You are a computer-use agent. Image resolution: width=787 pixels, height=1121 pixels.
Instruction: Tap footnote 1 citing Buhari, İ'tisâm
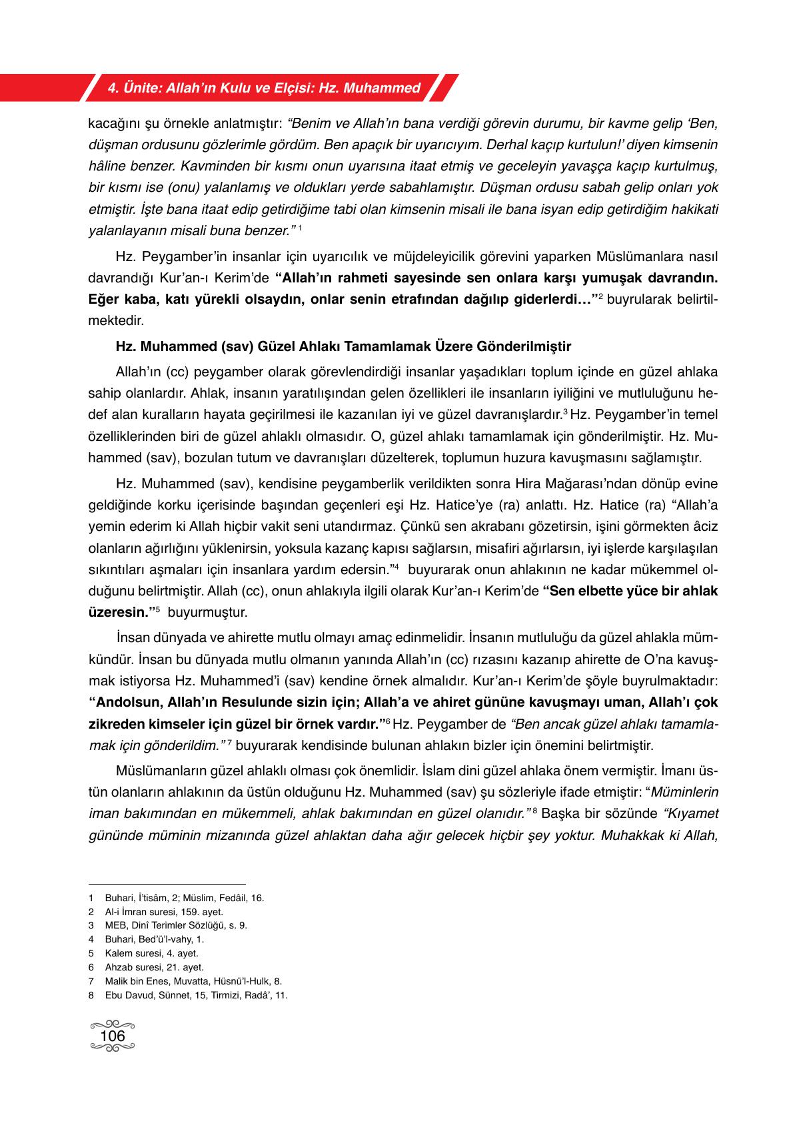[184, 898]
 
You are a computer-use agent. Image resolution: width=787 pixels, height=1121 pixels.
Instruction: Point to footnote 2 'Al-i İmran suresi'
[164, 912]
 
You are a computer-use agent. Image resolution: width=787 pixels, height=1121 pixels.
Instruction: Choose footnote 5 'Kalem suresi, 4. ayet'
[151, 953]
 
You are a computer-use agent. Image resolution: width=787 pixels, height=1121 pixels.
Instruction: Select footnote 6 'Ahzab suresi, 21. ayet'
[154, 967]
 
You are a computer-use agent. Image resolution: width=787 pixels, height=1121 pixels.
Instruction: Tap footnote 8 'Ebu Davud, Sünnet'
[196, 995]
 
